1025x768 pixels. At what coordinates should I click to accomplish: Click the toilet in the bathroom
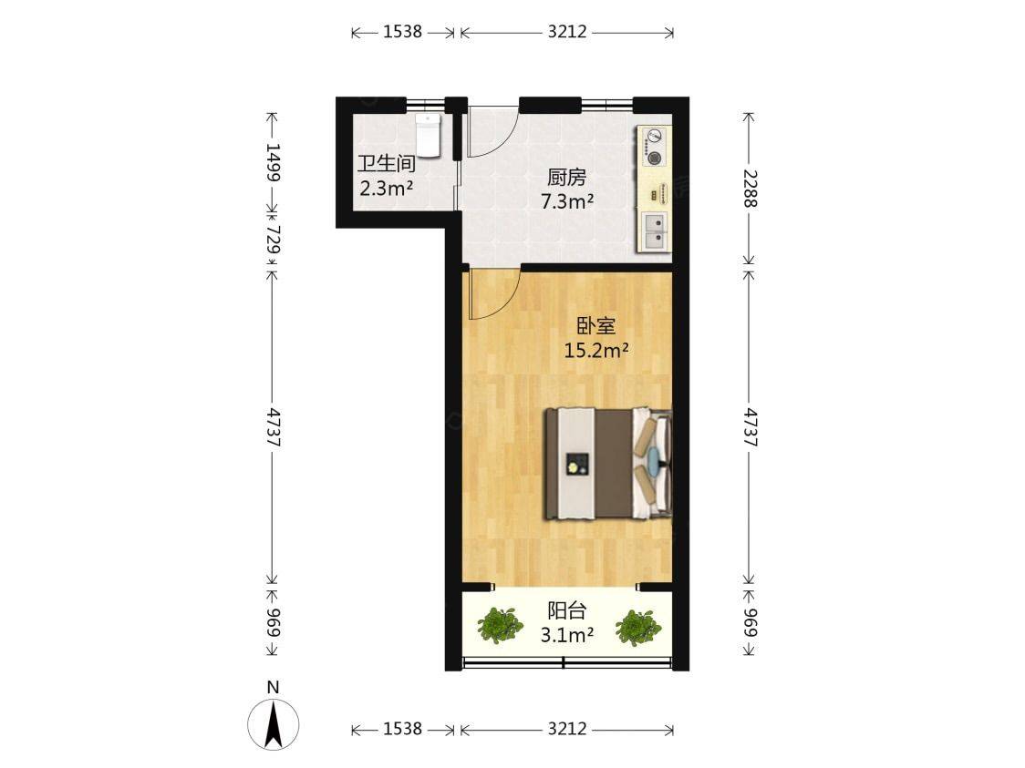coord(429,136)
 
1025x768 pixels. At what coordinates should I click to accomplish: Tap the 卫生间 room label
coord(387,163)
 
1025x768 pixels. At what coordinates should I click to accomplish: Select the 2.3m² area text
coord(387,189)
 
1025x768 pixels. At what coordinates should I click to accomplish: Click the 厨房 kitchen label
coord(566,177)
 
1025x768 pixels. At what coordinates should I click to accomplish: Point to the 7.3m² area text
coord(566,201)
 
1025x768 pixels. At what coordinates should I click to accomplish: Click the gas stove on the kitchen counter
coord(654,147)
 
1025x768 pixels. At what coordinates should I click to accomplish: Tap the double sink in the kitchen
coord(655,231)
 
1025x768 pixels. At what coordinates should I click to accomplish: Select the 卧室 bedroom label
coord(596,325)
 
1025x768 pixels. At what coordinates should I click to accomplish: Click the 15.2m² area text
coord(596,351)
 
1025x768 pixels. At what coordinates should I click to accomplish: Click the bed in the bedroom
coord(608,464)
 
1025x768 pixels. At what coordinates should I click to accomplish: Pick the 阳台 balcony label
coord(566,610)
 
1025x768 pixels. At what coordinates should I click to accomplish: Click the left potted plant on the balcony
coord(500,625)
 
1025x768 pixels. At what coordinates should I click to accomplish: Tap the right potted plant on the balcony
coord(637,628)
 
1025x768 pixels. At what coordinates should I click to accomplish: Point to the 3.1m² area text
coord(566,635)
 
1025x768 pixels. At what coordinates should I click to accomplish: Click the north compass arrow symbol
coord(274,723)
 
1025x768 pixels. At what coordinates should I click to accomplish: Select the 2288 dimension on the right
coord(749,189)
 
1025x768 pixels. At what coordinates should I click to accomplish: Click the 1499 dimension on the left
coord(274,162)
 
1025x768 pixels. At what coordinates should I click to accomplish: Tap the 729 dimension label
coord(274,240)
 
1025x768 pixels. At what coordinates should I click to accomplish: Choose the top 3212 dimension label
coord(566,31)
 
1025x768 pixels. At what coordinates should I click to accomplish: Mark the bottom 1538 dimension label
coord(403,728)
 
